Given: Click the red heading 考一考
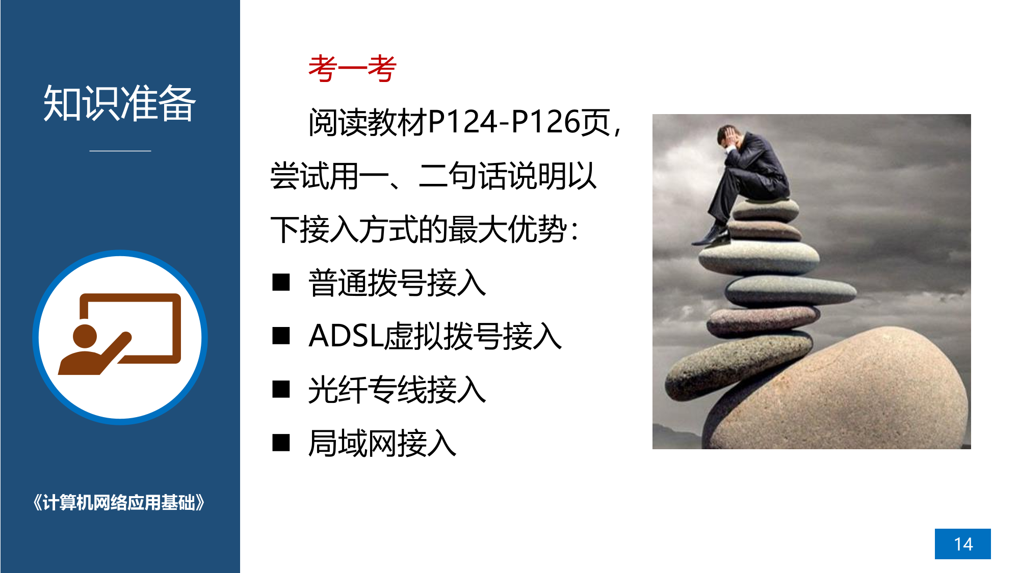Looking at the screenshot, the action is click(x=352, y=68).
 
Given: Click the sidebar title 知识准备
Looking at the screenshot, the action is click(x=120, y=103).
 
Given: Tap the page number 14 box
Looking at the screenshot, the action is click(x=962, y=544).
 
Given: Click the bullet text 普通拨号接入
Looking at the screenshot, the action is click(x=397, y=283).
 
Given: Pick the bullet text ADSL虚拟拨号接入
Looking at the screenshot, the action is click(x=435, y=336).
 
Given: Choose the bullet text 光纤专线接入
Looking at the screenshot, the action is click(x=397, y=390).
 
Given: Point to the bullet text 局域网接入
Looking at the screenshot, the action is click(x=382, y=443).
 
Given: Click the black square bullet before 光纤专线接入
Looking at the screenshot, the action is click(x=281, y=389).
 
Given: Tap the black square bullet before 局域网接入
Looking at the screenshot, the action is click(x=281, y=443).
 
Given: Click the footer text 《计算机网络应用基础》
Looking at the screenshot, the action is click(x=119, y=503).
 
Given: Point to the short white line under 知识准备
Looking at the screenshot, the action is click(x=120, y=151).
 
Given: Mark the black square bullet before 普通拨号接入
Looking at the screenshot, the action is click(x=281, y=282).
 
